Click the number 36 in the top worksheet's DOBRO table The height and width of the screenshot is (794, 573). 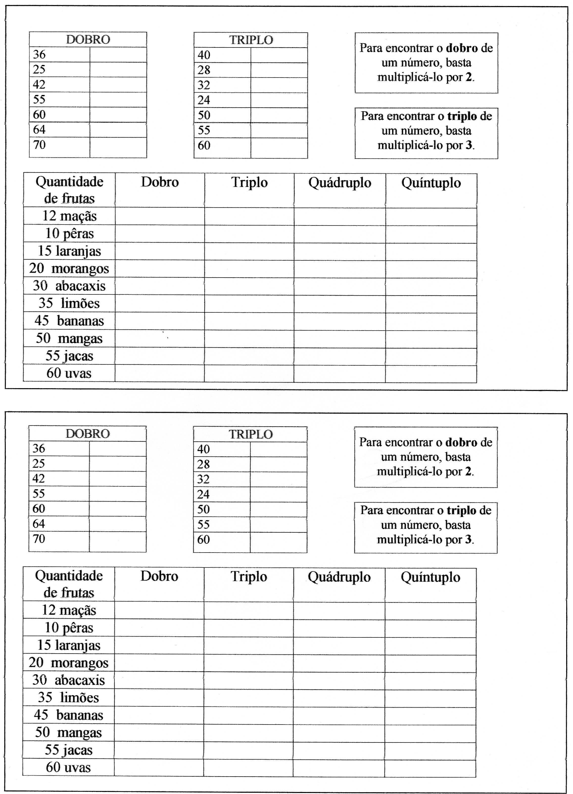click(x=39, y=54)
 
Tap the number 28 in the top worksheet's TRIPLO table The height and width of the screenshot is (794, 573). click(x=204, y=70)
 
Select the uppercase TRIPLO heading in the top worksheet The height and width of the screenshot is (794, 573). click(x=251, y=40)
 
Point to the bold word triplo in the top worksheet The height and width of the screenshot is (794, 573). click(x=462, y=116)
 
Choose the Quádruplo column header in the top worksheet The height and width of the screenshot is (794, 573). click(x=339, y=183)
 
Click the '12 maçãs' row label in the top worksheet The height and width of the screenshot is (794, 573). click(x=69, y=216)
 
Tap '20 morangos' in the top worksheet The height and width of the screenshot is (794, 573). click(x=69, y=268)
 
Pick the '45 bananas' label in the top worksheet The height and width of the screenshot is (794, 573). click(x=69, y=321)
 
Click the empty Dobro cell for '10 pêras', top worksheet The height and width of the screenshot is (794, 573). click(x=160, y=234)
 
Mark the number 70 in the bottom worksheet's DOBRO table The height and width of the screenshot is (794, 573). click(x=39, y=538)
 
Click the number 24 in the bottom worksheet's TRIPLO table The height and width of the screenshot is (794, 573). click(x=203, y=494)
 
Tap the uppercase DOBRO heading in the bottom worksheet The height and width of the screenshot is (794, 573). click(x=88, y=434)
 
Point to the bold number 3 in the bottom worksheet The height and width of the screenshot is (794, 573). click(x=468, y=539)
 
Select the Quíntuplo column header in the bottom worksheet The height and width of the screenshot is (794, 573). click(x=431, y=577)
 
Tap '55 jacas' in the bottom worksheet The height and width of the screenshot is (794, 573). click(x=69, y=750)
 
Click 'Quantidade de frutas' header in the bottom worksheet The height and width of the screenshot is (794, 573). click(x=69, y=584)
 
